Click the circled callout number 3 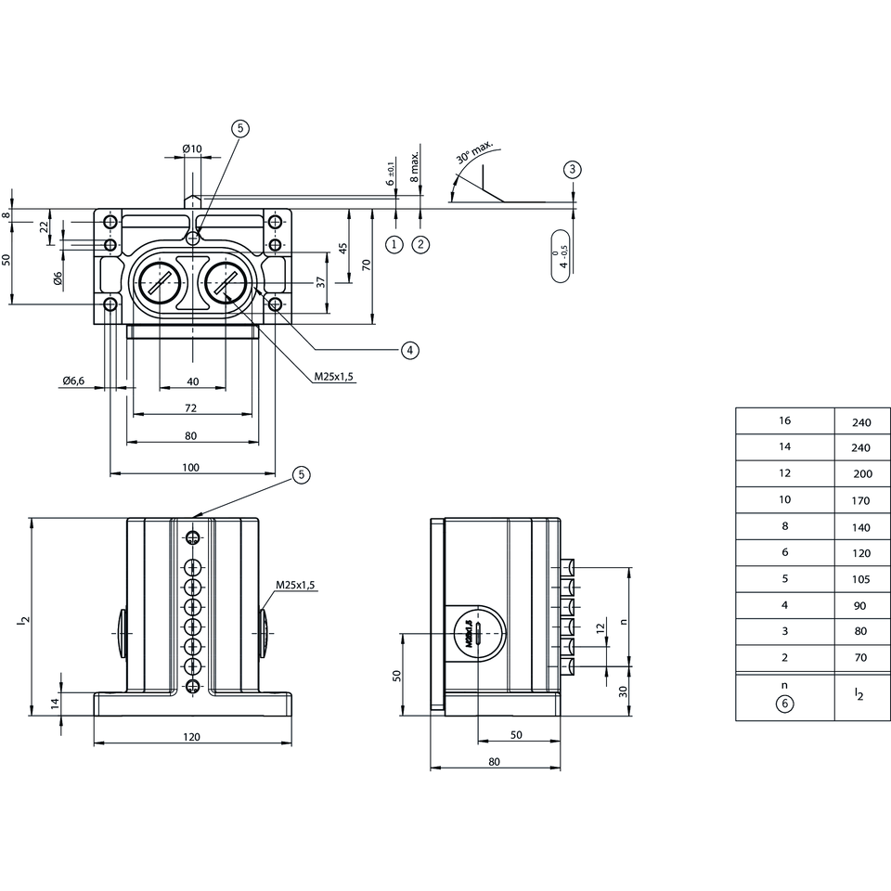point(573,169)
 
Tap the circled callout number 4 point(409,350)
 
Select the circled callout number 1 point(395,244)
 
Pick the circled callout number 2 point(420,244)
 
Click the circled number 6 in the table point(785,704)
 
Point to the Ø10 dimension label point(192,148)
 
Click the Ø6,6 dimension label point(73,381)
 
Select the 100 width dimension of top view point(191,467)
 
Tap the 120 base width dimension point(191,736)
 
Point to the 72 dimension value point(190,408)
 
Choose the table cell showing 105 point(861,579)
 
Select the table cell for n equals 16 point(785,421)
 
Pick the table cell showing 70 point(861,658)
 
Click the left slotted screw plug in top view point(158,280)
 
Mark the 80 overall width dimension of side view point(494,761)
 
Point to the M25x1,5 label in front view point(295,585)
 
